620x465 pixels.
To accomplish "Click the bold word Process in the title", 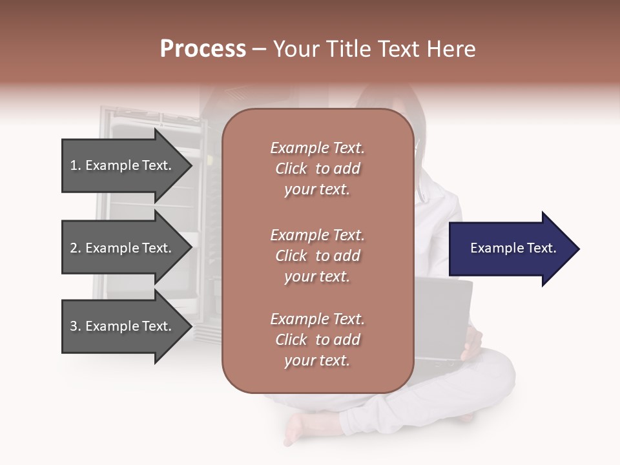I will tap(203, 49).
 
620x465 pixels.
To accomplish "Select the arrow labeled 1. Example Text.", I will tap(123, 165).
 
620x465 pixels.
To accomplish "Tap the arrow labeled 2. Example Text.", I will tap(123, 248).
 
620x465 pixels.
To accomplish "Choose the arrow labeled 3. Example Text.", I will tap(123, 326).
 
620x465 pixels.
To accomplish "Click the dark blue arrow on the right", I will tap(510, 249).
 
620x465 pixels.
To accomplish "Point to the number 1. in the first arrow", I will tap(76, 165).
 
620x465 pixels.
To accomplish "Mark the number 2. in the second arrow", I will tap(76, 248).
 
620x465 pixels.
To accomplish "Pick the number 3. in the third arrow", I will tap(76, 326).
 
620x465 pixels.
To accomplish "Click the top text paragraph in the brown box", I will tap(317, 169).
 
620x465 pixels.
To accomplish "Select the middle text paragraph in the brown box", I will tap(317, 256).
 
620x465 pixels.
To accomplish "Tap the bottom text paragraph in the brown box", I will tap(317, 340).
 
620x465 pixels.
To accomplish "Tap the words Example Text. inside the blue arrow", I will tap(513, 248).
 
